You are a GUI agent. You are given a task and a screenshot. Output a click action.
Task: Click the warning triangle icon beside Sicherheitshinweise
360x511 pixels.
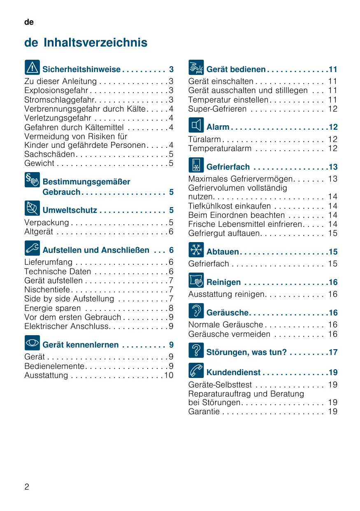coord(32,67)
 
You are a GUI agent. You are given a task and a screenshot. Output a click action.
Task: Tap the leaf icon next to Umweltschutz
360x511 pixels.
coord(32,208)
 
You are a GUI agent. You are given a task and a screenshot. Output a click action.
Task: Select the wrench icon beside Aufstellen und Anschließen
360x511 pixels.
coord(32,248)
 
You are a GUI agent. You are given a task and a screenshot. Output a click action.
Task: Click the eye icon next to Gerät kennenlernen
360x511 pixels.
coord(32,343)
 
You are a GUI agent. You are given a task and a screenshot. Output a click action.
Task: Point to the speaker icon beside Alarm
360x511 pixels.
coord(196,125)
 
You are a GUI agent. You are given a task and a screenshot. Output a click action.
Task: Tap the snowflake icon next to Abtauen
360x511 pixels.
coord(196,250)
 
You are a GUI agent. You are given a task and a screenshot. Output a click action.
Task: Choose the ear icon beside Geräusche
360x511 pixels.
coord(196,311)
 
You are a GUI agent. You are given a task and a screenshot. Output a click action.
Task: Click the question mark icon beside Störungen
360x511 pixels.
coord(196,350)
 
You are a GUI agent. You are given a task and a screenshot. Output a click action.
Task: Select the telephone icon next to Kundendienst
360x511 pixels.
coord(196,371)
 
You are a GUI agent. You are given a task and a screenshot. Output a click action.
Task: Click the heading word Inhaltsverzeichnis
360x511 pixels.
coord(95,43)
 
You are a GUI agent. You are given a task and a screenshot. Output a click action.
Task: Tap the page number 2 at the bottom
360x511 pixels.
coord(27,487)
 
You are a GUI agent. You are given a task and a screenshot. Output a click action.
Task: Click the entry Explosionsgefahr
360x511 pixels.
coord(56,91)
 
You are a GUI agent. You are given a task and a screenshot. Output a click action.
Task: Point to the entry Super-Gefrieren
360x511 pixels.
coord(217,109)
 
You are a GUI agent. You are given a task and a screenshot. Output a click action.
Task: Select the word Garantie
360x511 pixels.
coord(204,411)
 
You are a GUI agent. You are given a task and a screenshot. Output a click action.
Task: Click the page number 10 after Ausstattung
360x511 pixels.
coord(169,375)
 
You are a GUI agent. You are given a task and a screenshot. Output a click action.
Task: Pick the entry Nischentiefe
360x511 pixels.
coord(47,289)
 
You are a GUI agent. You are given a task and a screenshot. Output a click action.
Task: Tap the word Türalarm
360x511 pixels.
coord(204,139)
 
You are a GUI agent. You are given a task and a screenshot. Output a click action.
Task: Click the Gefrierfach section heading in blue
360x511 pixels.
coord(228,167)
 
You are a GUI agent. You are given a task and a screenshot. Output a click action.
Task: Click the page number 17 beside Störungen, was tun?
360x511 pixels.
coord(333,352)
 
